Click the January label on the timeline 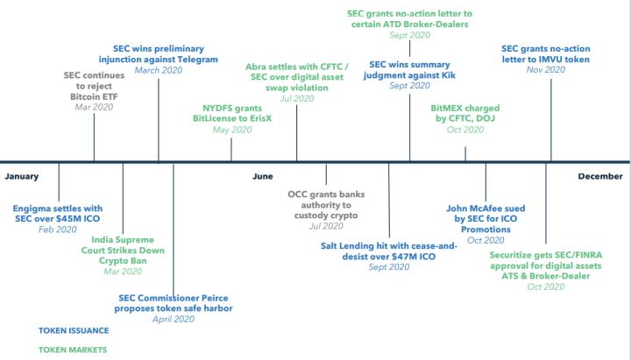(x=22, y=176)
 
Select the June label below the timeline (x=263, y=176)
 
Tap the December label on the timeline (x=600, y=176)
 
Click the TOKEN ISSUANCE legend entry (x=74, y=330)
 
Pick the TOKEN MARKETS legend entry (x=73, y=350)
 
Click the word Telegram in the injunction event (x=195, y=60)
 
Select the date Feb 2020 (x=58, y=229)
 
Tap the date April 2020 (x=174, y=320)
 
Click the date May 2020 (x=232, y=130)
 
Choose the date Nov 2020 (x=546, y=70)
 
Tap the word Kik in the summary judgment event (x=449, y=75)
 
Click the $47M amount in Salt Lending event (x=405, y=257)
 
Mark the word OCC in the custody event (x=297, y=194)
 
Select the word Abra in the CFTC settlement (x=255, y=67)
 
